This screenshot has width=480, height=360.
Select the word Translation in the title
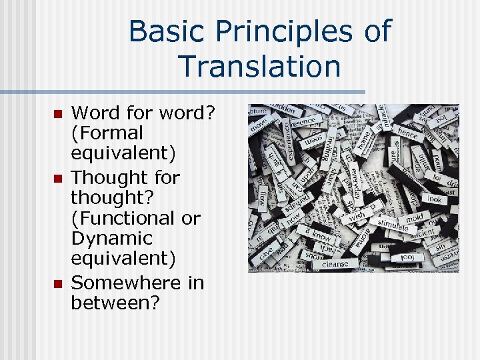pyautogui.click(x=259, y=67)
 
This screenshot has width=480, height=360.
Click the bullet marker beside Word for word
pyautogui.click(x=57, y=114)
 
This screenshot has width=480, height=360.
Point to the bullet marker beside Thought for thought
pyautogui.click(x=57, y=178)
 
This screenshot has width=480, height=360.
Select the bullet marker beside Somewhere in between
pyautogui.click(x=57, y=284)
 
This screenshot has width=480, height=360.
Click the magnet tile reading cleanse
pyautogui.click(x=335, y=263)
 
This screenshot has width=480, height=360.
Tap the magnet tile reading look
pyautogui.click(x=435, y=199)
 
